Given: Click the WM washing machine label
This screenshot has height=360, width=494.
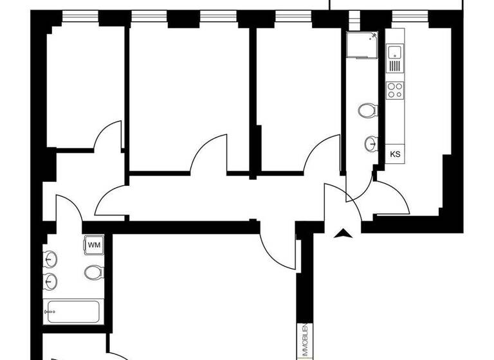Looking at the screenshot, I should point(93,244).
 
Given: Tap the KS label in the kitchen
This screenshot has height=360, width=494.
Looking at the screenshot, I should point(395,154).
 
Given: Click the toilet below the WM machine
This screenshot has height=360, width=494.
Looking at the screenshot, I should point(93,273).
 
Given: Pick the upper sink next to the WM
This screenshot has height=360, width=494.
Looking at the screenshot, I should point(51,259).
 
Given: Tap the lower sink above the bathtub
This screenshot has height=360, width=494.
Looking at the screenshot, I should point(51,281).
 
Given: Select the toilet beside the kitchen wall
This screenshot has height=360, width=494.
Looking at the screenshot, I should point(367,110).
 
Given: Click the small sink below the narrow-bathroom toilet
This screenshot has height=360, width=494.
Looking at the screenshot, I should point(371,143).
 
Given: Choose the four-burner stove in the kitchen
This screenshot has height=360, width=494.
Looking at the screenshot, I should point(394,89).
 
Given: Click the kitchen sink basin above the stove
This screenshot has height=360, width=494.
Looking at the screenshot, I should point(394,51).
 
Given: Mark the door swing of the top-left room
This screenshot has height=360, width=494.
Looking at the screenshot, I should point(108,135).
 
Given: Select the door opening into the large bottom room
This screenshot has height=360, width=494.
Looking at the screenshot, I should point(278,248).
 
